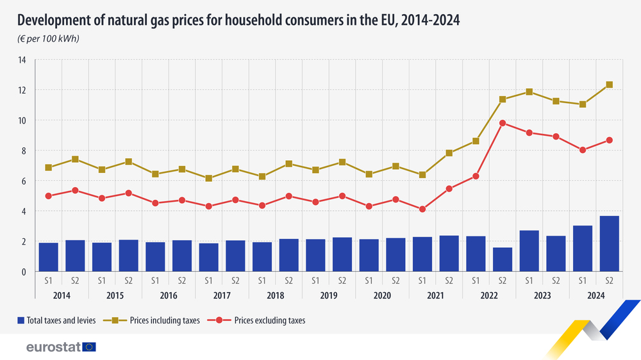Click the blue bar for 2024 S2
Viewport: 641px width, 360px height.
point(609,244)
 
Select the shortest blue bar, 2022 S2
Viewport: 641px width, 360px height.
point(503,259)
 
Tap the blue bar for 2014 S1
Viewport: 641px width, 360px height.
point(49,257)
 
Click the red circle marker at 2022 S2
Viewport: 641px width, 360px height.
point(503,123)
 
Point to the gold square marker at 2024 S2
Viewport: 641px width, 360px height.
point(610,85)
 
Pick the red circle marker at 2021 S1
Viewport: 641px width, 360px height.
point(422,209)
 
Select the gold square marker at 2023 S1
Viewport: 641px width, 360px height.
point(529,92)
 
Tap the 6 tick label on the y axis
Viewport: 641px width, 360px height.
point(23,181)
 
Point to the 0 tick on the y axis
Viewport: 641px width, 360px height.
point(23,272)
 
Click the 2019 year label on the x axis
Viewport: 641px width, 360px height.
point(329,295)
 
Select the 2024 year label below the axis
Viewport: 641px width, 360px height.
point(596,295)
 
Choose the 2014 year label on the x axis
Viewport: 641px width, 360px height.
point(62,295)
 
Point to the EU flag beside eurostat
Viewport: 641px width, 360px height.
point(89,347)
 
